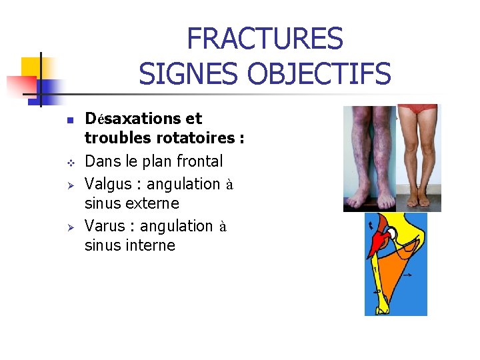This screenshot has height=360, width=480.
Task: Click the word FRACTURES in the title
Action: pyautogui.click(x=265, y=39)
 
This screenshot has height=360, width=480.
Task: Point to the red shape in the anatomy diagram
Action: pyautogui.click(x=377, y=240)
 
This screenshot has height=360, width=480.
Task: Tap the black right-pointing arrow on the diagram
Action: pyautogui.click(x=406, y=274)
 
